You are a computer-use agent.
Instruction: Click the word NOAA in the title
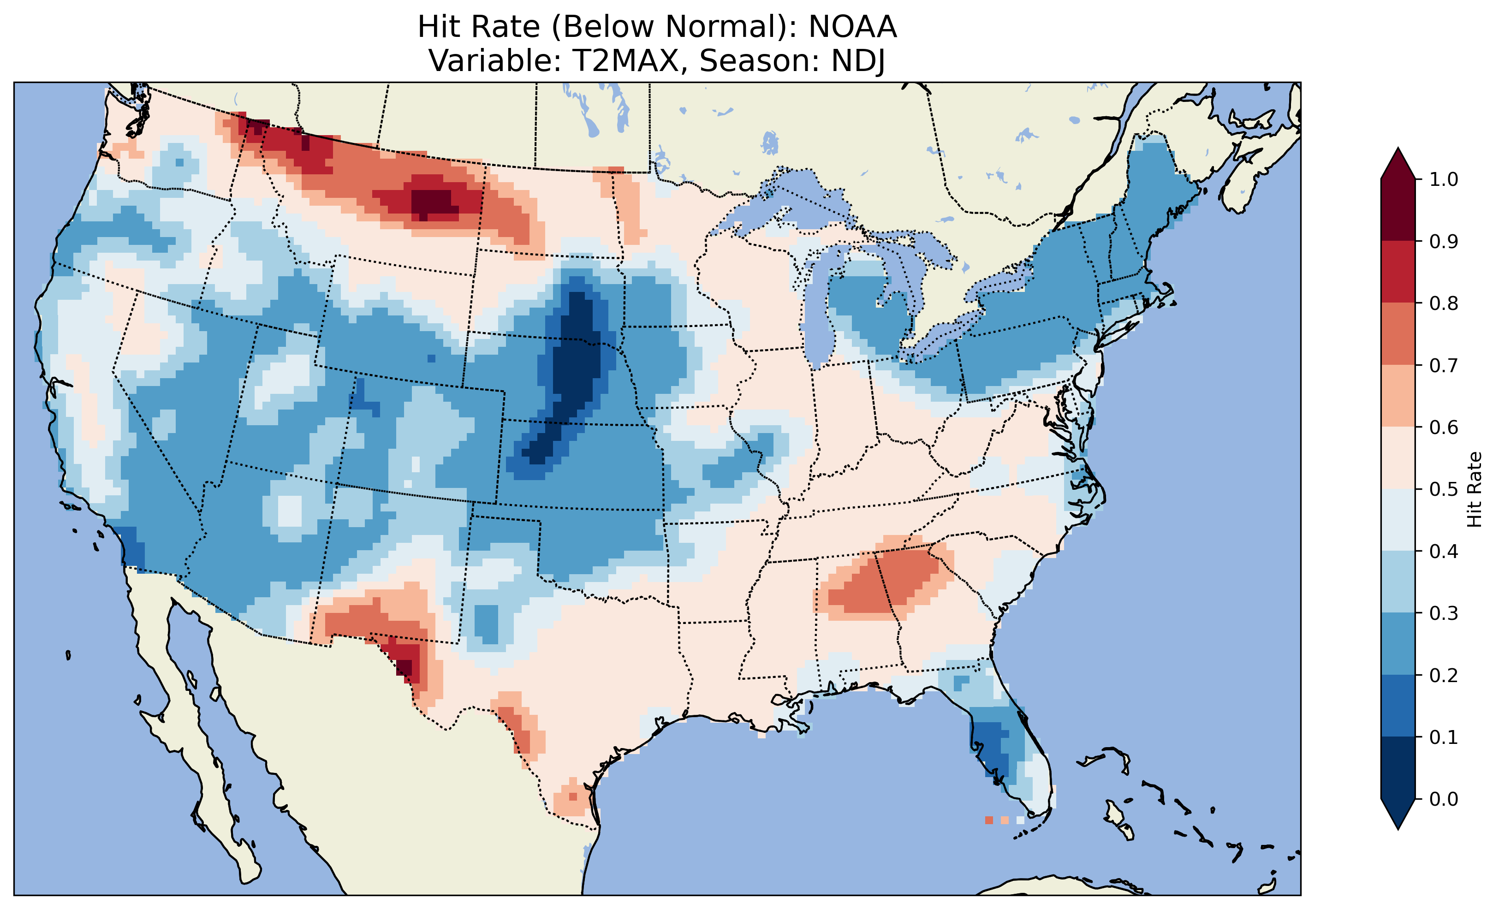click(x=852, y=27)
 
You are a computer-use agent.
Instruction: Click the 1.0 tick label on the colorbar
click(x=1443, y=179)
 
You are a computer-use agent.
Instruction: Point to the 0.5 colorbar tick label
click(x=1443, y=489)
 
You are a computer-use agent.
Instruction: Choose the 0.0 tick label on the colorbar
click(x=1443, y=799)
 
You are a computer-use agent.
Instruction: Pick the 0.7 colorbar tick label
click(x=1443, y=366)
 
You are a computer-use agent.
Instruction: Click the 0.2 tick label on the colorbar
click(x=1443, y=675)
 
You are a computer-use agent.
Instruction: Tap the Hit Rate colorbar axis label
click(x=1474, y=489)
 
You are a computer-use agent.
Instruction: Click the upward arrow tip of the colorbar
click(x=1398, y=152)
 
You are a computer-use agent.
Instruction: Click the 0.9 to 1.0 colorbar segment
click(x=1398, y=210)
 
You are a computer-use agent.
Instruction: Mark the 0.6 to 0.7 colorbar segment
click(x=1398, y=396)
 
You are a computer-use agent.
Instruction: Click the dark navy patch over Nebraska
click(x=575, y=365)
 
